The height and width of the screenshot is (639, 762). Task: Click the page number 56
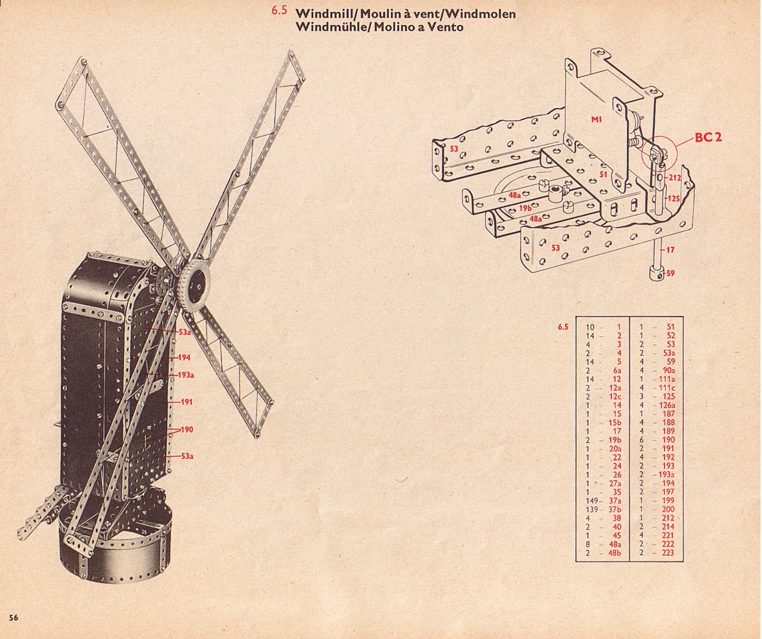[x=14, y=617]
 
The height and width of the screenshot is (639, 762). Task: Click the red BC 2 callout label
[x=708, y=137]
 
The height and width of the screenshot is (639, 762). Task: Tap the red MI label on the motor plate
[x=596, y=119]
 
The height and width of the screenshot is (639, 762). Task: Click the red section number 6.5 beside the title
[x=279, y=10]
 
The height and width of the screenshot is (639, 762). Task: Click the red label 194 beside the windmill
[x=184, y=357]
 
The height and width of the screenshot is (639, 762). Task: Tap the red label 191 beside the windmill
[x=186, y=402]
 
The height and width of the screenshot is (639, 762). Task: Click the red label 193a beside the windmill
[x=186, y=375]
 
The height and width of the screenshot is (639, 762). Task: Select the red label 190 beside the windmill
[x=186, y=429]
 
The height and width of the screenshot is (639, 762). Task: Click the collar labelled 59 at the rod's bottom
[x=657, y=273]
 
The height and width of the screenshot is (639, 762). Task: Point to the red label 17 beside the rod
[x=670, y=250]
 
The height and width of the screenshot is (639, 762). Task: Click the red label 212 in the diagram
[x=675, y=178]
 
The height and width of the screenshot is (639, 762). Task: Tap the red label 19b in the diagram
[x=525, y=208]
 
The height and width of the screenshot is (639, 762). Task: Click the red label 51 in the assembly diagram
[x=604, y=174]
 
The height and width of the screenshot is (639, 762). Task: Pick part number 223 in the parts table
[x=668, y=553]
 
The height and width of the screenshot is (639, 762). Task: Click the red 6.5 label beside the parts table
[x=563, y=327]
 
